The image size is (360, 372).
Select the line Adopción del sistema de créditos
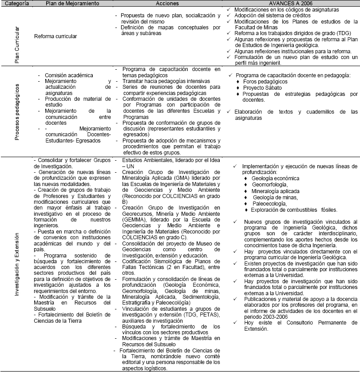tap(272, 16)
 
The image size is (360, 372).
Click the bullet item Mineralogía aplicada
tap(274, 191)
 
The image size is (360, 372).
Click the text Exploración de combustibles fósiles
tap(293, 210)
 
